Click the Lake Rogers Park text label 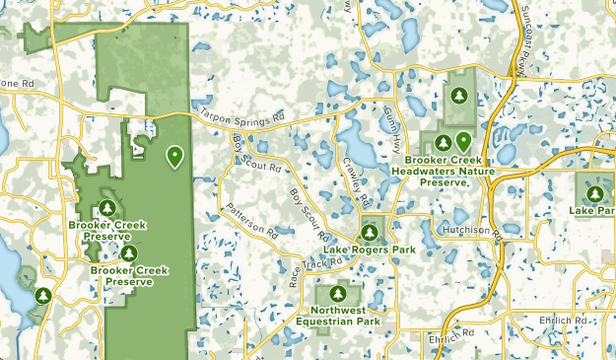click(370, 251)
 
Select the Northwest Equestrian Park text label click(338, 316)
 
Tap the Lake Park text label click(592, 210)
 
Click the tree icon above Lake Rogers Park click(370, 233)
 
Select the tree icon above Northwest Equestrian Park click(338, 294)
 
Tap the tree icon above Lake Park click(596, 191)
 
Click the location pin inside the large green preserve click(174, 155)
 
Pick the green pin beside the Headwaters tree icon click(462, 141)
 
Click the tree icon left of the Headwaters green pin click(443, 143)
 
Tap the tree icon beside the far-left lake click(42, 294)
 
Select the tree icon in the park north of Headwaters click(459, 95)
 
